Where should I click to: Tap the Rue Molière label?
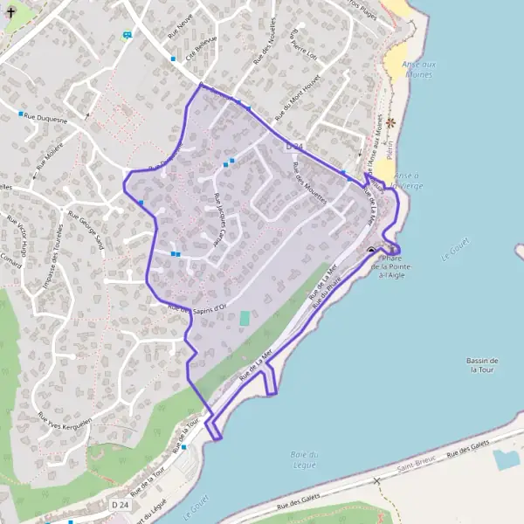click(x=51, y=154)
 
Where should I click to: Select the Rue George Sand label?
click(x=86, y=231)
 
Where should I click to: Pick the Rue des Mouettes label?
click(x=311, y=183)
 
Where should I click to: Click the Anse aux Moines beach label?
click(x=418, y=68)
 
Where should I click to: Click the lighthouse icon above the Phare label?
click(x=372, y=251)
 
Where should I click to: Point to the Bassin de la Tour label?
click(x=483, y=365)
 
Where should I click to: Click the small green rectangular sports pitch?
click(x=245, y=319)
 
